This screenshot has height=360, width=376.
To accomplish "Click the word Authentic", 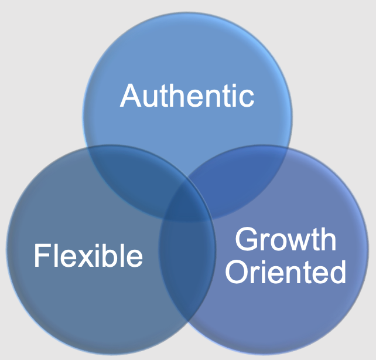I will click(187, 96).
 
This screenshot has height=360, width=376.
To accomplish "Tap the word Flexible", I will click(88, 256).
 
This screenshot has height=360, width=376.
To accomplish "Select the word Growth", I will click(285, 240).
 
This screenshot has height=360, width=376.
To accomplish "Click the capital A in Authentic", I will click(131, 96).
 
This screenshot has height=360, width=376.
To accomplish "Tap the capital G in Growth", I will click(247, 240).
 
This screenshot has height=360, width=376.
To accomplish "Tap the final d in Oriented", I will click(337, 271).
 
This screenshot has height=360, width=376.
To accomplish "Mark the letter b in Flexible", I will click(113, 256).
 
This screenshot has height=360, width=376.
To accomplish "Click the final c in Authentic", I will click(248, 98).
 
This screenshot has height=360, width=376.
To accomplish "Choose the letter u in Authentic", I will click(152, 98).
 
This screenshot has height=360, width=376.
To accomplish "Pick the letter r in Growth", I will click(264, 242).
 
